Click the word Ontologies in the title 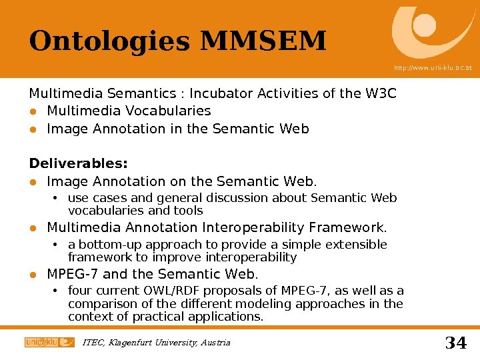tap(109, 41)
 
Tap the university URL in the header tap(433, 68)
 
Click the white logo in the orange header tap(433, 32)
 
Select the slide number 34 tap(455, 343)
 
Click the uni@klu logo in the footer tap(49, 342)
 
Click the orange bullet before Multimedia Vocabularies tap(33, 111)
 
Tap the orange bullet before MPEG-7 tap(33, 275)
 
